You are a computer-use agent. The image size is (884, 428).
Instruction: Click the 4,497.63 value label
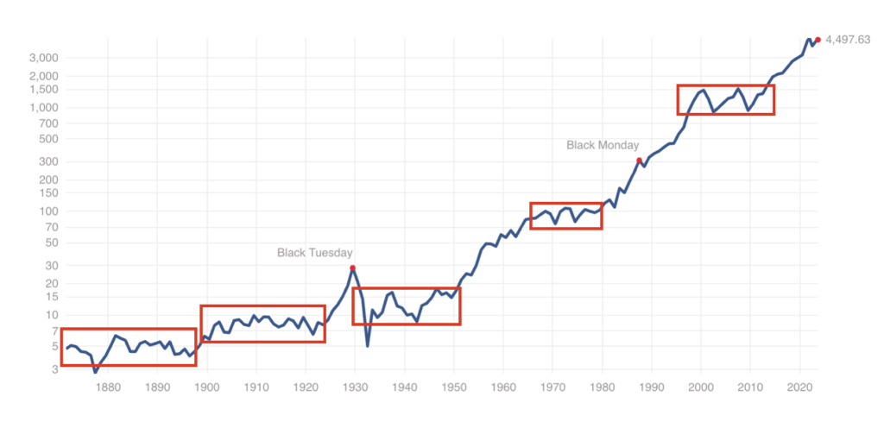click(849, 39)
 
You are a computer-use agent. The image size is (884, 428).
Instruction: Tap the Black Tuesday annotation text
click(314, 253)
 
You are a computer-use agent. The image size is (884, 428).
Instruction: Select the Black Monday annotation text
click(603, 145)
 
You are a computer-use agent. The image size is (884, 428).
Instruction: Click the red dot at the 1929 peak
click(352, 268)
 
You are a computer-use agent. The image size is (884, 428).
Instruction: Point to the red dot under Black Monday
click(639, 160)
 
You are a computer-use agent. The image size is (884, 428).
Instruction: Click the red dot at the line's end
click(818, 39)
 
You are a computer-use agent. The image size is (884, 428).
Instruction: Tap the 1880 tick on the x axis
click(107, 387)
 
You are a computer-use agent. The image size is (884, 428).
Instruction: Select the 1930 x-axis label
click(355, 387)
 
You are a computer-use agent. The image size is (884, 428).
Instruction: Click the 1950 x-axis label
click(454, 387)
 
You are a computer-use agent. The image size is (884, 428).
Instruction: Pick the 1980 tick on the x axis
click(603, 387)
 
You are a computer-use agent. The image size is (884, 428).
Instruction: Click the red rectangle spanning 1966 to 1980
click(565, 216)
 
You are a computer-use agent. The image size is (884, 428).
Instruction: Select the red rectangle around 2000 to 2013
click(725, 99)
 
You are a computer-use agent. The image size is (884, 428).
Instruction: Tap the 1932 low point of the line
click(368, 346)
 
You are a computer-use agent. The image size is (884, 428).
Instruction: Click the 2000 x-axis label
click(701, 387)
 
